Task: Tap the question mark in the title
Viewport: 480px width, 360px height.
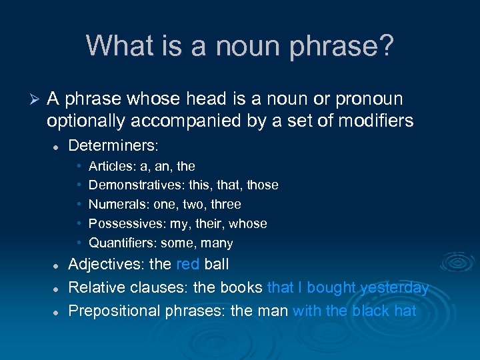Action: [x=386, y=46]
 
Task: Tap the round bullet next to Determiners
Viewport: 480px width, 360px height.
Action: [x=58, y=146]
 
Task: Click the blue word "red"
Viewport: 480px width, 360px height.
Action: [x=187, y=265]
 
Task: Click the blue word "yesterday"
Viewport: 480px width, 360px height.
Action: [x=394, y=288]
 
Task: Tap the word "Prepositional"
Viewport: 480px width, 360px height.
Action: [x=115, y=311]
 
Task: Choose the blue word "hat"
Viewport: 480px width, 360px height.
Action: [x=404, y=311]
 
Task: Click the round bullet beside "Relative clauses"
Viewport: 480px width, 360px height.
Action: [x=58, y=289]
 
